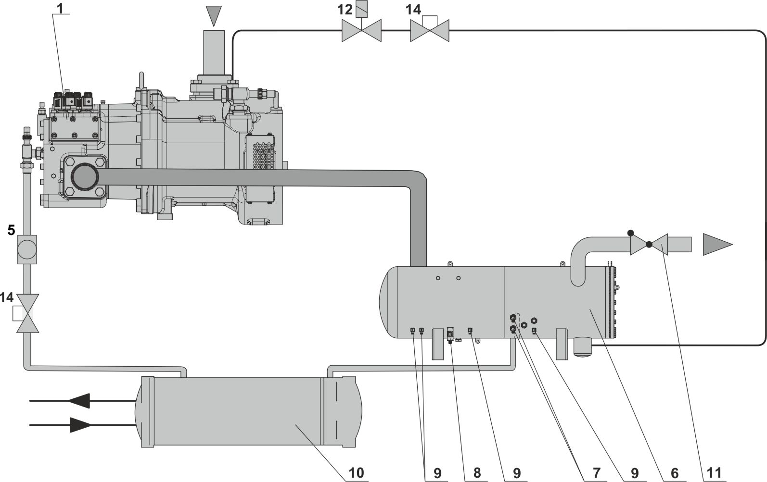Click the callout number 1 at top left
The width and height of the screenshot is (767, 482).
60,9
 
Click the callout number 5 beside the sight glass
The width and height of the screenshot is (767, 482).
11,231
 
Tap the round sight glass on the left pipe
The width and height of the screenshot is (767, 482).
27,248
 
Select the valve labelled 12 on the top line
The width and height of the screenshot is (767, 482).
361,31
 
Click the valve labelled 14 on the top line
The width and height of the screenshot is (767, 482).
430,31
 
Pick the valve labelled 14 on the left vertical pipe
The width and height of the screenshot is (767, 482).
27,313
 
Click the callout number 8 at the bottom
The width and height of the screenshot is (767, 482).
476,473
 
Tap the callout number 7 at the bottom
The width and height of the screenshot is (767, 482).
597,473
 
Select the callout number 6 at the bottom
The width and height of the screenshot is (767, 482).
674,473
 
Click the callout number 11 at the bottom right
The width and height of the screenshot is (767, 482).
715,473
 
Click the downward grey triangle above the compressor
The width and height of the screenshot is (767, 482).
213,15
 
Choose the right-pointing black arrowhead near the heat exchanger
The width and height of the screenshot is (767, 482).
80,425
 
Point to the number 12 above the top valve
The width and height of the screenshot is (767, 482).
345,10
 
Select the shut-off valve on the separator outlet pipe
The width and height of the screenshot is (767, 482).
649,244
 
